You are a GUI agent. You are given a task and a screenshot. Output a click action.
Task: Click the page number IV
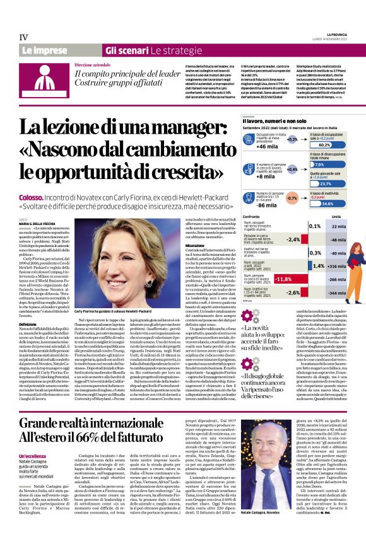tap(24, 37)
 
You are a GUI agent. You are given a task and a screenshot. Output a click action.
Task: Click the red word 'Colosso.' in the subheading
tap(30, 198)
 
